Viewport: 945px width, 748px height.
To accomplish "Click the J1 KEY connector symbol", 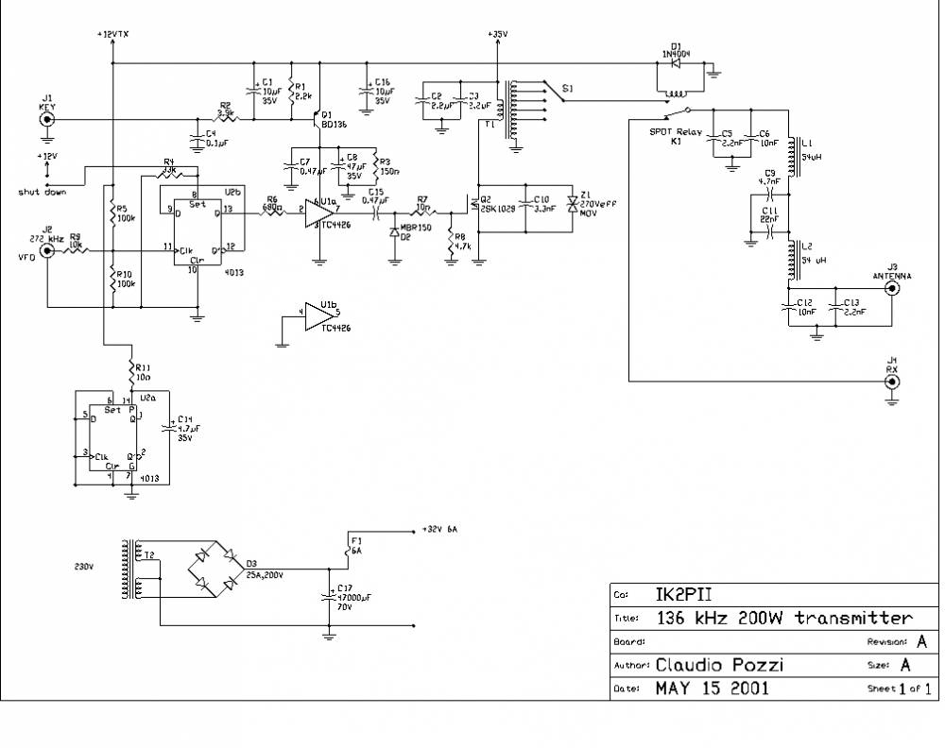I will click(46, 120).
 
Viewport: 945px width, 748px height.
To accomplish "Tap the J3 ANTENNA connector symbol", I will click(891, 291).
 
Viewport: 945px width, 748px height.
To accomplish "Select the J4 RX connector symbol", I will click(891, 382).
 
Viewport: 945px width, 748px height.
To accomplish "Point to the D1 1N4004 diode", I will click(675, 64).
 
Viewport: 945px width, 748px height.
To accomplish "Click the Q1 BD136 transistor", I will click(318, 118).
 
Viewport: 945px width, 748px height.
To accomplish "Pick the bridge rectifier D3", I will click(214, 567).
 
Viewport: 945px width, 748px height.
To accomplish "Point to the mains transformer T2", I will click(132, 569).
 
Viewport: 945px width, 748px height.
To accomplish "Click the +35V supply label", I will click(497, 34).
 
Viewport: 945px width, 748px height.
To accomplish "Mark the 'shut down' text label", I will click(43, 193).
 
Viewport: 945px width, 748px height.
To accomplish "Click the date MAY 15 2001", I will click(712, 688).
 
